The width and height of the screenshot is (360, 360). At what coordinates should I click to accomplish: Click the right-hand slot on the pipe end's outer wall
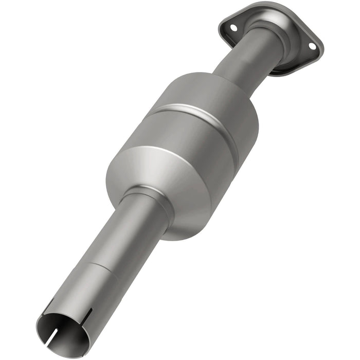click(x=88, y=315)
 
